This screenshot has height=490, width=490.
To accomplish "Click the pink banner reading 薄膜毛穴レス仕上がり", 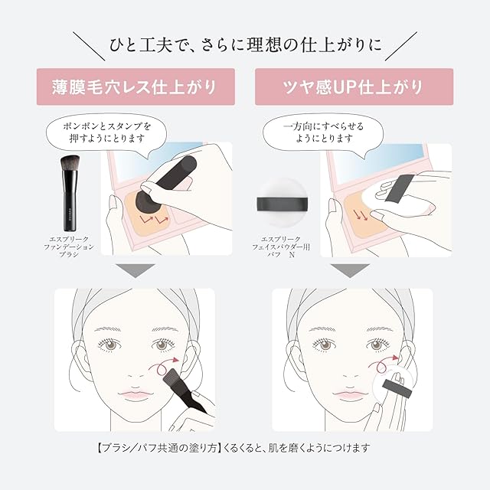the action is pos(136,87).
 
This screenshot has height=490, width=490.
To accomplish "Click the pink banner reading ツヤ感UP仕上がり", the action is pos(354,87).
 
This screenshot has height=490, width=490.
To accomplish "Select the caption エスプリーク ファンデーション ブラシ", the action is pos(69,247).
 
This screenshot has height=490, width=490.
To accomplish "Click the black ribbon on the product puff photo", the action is pos(283,204).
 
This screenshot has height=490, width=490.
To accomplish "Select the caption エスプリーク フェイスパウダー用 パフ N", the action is pos(281,247).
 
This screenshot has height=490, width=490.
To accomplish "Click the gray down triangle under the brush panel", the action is pos(136,270).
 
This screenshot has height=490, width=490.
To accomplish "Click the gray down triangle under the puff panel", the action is pos(350,270).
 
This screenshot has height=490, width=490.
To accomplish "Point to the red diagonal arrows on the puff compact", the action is pos(361,214).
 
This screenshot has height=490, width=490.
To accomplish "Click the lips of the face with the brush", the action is pos(135,394).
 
